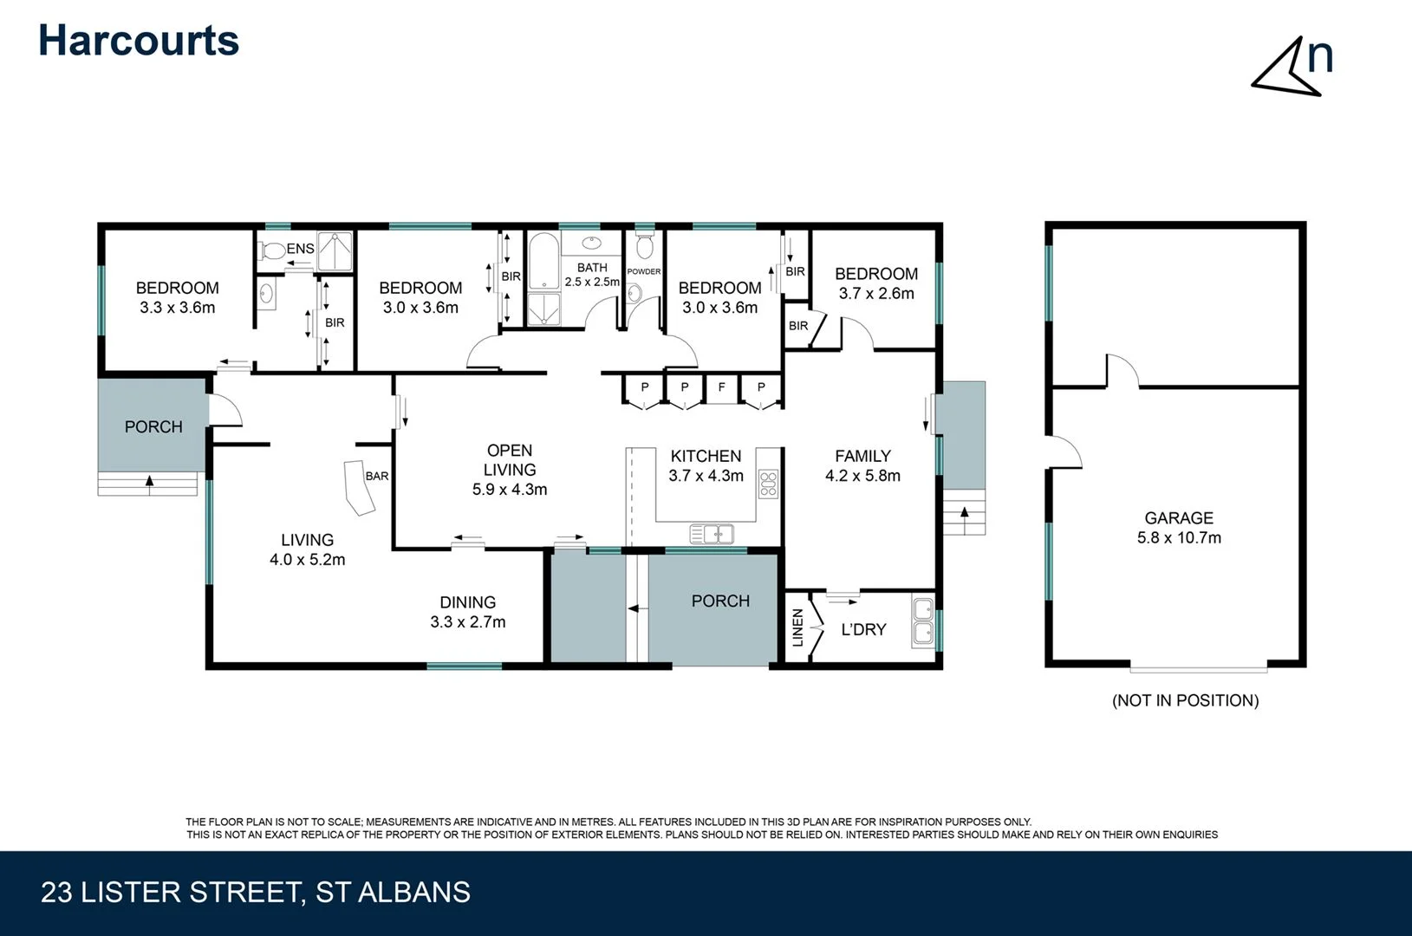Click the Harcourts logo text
coord(139,41)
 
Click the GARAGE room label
coord(1178,517)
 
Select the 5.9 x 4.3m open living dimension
coord(509,489)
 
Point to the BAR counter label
coord(377,476)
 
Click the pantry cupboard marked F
coord(721,387)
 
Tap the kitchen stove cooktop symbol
coord(768,484)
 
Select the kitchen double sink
coord(712,534)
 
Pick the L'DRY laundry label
coord(863,629)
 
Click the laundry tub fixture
coord(923,621)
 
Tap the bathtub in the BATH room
coord(543,260)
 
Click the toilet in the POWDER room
coord(643,248)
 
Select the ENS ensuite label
coord(301,249)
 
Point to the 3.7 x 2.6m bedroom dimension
coord(875,293)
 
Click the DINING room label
coord(467,601)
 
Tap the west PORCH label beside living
coord(153,426)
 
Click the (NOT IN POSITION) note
coord(1185,700)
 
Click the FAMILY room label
coord(862,456)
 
